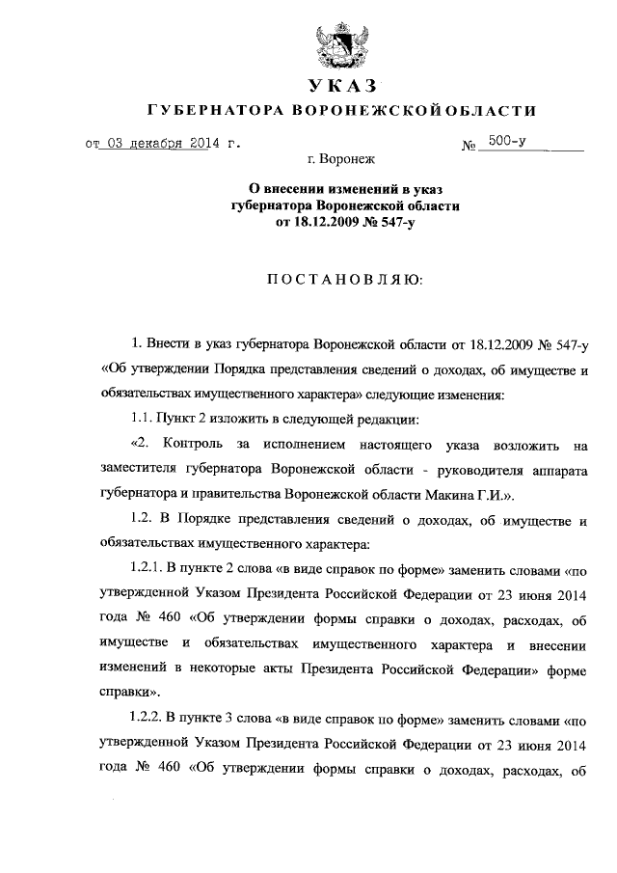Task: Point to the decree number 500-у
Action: [507, 142]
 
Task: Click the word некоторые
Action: [248, 670]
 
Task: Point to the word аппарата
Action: [557, 470]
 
